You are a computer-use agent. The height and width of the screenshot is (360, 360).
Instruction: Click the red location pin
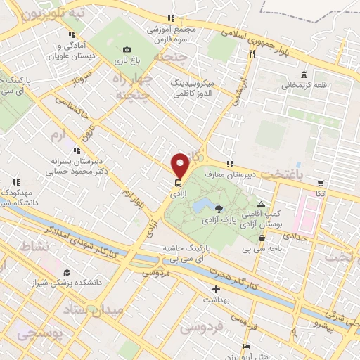click(180, 165)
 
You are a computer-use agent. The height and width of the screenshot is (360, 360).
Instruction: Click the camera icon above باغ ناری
click(127, 49)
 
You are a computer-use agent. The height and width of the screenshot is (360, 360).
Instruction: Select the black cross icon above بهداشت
click(216, 289)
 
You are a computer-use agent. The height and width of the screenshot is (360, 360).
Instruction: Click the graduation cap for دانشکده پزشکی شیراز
click(67, 272)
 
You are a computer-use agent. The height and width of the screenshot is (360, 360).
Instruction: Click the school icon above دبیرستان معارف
click(229, 164)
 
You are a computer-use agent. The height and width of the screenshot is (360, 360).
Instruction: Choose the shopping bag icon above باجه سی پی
click(262, 238)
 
